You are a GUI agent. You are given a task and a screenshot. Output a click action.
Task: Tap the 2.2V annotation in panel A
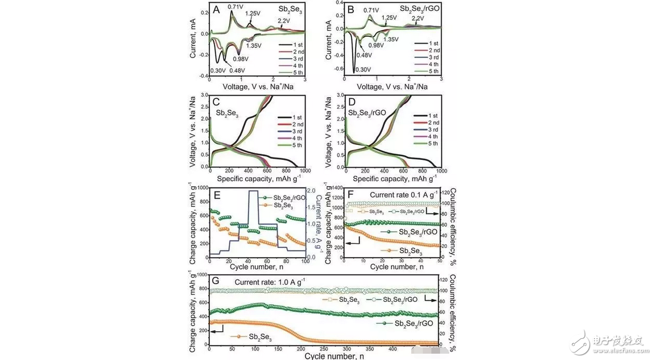284,21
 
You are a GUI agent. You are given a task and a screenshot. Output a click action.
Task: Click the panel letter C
216,102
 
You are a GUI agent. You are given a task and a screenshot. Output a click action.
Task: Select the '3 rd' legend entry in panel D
428,136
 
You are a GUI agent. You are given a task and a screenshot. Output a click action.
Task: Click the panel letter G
215,281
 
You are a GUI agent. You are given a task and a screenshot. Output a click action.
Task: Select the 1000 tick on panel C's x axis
303,171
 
